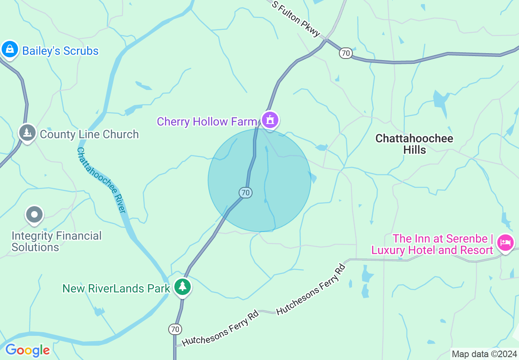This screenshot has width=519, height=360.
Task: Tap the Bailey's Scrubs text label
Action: click(60, 51)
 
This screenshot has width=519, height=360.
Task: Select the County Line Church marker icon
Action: click(27, 133)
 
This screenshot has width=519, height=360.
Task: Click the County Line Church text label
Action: click(89, 134)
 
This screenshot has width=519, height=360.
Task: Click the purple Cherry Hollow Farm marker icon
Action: click(270, 120)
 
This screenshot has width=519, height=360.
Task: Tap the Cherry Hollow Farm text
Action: click(207, 122)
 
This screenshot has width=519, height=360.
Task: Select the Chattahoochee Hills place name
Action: click(414, 144)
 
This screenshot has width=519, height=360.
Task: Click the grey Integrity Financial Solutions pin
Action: click(34, 214)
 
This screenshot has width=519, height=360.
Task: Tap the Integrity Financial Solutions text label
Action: click(56, 241)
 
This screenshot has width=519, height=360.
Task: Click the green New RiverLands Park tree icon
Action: click(182, 287)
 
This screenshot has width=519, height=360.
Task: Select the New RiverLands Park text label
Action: click(116, 288)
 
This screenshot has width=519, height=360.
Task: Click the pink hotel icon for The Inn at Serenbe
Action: click(505, 243)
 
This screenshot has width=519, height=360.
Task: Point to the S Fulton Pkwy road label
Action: click(296, 19)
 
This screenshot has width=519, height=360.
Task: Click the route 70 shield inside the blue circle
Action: click(245, 192)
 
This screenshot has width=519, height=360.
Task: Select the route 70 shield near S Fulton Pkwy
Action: click(345, 53)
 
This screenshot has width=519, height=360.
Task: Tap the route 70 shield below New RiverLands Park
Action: click(175, 329)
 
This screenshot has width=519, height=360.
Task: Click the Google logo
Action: click(27, 350)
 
